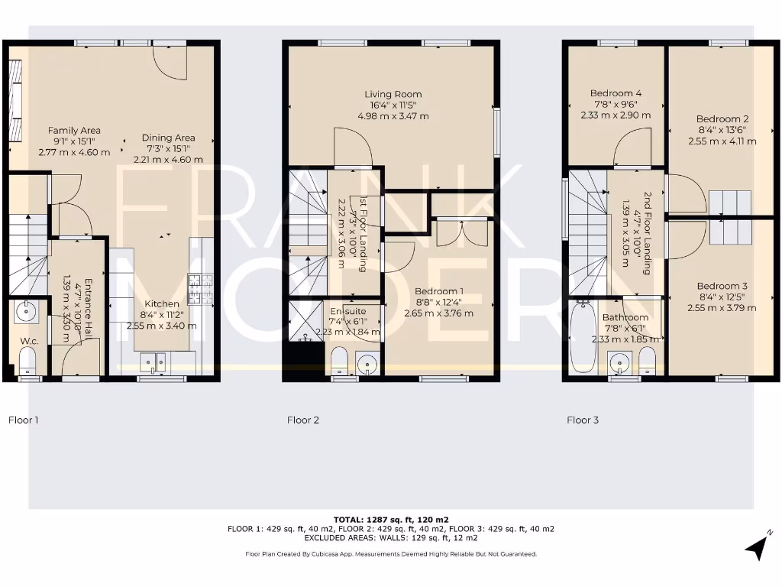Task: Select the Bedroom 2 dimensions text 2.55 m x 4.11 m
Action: pyautogui.click(x=722, y=141)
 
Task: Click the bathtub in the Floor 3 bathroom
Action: pyautogui.click(x=583, y=337)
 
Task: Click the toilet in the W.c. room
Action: pyautogui.click(x=28, y=359)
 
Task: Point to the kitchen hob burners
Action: pyautogui.click(x=201, y=288)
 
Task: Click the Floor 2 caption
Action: pyautogui.click(x=303, y=420)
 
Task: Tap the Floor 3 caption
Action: pyautogui.click(x=583, y=420)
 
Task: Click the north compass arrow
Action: pyautogui.click(x=758, y=545)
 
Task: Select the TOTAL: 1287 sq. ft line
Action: pyautogui.click(x=391, y=520)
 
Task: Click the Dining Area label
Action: pyautogui.click(x=169, y=138)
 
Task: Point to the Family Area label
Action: pyautogui.click(x=74, y=131)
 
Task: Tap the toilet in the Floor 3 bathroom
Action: pyautogui.click(x=647, y=359)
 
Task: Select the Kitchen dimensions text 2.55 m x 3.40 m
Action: pyautogui.click(x=162, y=326)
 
